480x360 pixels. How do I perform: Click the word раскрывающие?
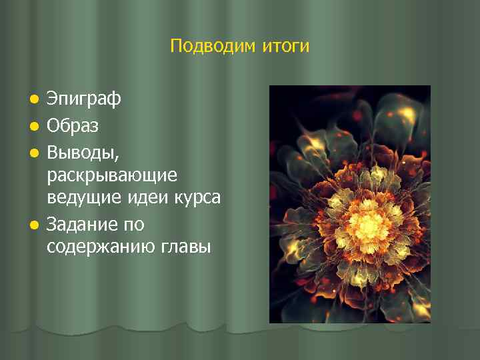[112, 175]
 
